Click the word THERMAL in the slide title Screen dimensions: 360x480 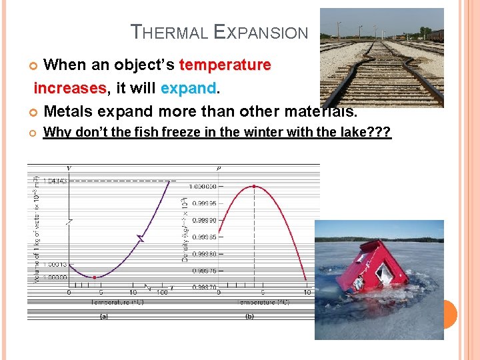tap(169, 32)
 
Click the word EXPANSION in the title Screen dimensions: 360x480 tap(261, 32)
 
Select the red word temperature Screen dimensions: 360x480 tap(225, 65)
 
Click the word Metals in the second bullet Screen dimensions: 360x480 tap(67, 111)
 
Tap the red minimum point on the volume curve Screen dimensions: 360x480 tap(95, 277)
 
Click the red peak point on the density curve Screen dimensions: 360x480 tap(254, 186)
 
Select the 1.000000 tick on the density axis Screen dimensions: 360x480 tap(203, 187)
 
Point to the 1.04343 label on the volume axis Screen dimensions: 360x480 tap(54, 181)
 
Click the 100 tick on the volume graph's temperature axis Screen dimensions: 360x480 tap(161, 292)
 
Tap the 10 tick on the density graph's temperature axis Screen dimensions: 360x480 tap(307, 292)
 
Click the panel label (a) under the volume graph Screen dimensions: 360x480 tap(104, 317)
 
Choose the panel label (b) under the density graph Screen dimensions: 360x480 tap(249, 317)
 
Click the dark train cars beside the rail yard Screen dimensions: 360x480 tap(435, 35)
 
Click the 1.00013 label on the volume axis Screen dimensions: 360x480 tap(54, 264)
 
